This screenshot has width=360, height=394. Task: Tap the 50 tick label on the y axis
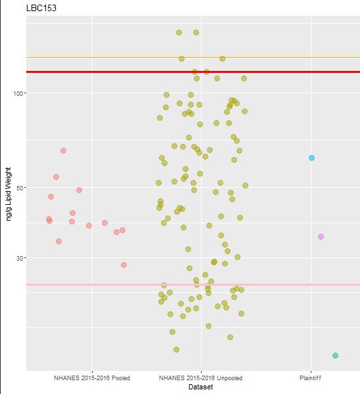[x=18, y=188]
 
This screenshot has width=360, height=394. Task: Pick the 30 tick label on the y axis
[x=18, y=258]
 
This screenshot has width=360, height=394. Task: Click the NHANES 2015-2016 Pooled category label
[x=92, y=378]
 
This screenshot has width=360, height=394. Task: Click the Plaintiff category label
[x=311, y=378]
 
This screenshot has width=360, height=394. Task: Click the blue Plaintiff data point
[x=311, y=158]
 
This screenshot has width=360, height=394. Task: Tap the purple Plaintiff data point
[x=321, y=236]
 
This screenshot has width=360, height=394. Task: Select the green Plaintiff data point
[x=335, y=355]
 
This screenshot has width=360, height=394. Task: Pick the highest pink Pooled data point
[x=63, y=150]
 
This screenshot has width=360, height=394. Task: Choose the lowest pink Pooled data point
[x=124, y=265]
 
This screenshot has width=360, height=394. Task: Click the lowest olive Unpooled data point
[x=176, y=349]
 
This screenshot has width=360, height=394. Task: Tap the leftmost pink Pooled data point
[x=49, y=219]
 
